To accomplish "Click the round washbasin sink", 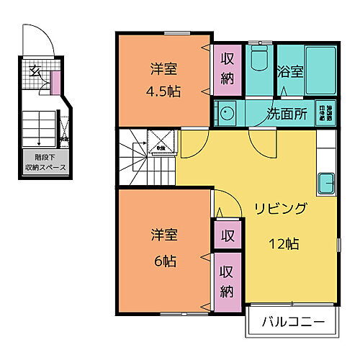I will (x=227, y=113).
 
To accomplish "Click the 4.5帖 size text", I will (x=164, y=92).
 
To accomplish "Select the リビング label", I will (x=281, y=210).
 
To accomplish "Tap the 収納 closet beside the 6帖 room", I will (x=227, y=283).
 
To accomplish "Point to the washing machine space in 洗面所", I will (x=330, y=113).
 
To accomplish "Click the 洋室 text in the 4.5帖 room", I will (x=164, y=70).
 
